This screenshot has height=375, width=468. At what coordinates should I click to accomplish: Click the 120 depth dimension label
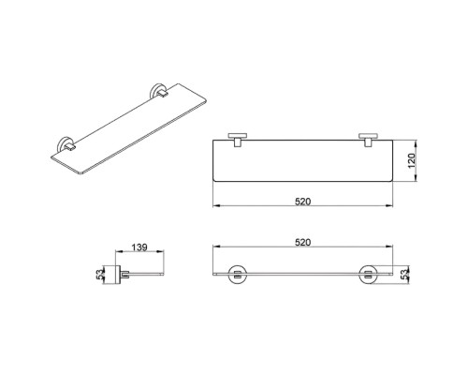click(x=412, y=160)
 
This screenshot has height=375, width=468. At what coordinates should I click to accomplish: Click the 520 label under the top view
click(x=303, y=202)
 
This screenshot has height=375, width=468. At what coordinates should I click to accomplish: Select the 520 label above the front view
click(x=303, y=242)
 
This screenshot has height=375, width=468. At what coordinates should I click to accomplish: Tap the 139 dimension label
click(x=139, y=247)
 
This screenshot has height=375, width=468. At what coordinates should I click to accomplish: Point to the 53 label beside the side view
click(x=99, y=275)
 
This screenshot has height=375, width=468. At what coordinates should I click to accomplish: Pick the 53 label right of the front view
click(x=404, y=275)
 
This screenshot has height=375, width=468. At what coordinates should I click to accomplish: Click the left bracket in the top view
click(x=238, y=140)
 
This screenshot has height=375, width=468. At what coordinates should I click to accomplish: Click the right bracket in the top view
click(x=368, y=140)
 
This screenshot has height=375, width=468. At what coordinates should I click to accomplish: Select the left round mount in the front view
click(x=238, y=275)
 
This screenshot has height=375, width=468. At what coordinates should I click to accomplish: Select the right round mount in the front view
click(x=368, y=275)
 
